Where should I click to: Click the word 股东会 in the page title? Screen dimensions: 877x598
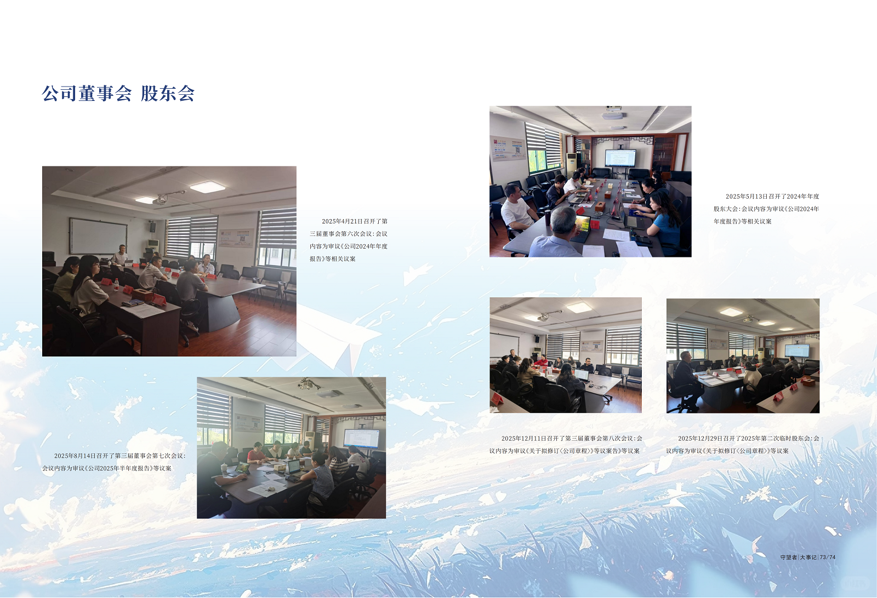click(x=168, y=94)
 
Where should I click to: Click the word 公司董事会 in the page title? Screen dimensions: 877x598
click(x=87, y=94)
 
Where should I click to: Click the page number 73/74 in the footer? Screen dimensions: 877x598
click(x=828, y=557)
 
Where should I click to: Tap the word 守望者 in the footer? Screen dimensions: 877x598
click(x=789, y=557)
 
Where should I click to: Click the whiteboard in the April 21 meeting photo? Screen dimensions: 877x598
click(x=98, y=236)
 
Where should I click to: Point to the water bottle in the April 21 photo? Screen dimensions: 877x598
click(x=116, y=285)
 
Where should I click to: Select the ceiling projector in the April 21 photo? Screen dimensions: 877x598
click(x=161, y=201)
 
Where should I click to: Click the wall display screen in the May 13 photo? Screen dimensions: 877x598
click(x=620, y=158)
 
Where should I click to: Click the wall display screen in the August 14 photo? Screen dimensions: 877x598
click(x=361, y=439)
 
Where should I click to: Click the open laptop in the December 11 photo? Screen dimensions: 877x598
click(x=581, y=375)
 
